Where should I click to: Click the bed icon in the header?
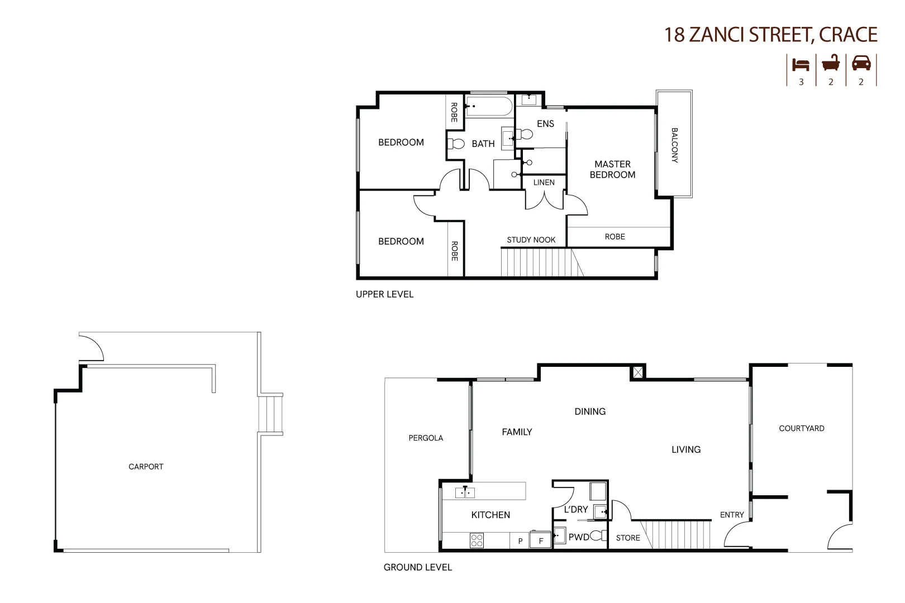(801, 65)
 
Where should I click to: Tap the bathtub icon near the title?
(831, 63)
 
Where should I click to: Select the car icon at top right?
(861, 63)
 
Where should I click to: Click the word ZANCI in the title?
(717, 35)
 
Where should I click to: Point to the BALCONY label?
(674, 145)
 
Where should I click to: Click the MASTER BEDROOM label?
(612, 169)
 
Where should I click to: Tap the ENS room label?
(545, 124)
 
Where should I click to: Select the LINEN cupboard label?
(544, 183)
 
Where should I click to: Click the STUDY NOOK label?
(531, 240)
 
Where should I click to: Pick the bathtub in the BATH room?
(489, 106)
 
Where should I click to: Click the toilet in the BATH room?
(456, 143)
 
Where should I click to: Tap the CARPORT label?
(146, 467)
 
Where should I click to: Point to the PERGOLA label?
(426, 438)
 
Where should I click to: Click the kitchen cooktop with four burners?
(477, 540)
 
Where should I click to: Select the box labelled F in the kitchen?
(541, 540)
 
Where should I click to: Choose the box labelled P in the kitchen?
(520, 540)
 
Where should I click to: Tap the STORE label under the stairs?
(628, 538)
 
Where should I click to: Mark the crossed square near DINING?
(637, 372)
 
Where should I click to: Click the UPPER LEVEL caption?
(384, 294)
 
